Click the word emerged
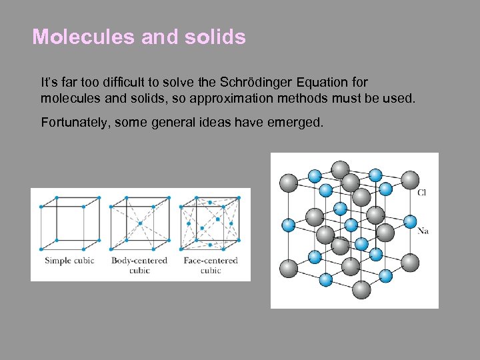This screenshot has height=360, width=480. coord(299,122)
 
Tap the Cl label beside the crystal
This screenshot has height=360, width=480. coord(422,193)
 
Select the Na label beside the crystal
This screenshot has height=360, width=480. coord(423,231)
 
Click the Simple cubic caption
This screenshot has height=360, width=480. coord(69,260)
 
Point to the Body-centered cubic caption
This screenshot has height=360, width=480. coord(139,265)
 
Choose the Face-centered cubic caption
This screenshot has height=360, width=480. coord(211,265)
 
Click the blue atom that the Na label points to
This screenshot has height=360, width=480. coord(410,222)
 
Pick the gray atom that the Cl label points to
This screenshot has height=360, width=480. coord(410,179)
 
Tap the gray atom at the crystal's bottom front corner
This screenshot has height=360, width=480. coord(361,289)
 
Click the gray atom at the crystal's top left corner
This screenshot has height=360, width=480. coord(289,181)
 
